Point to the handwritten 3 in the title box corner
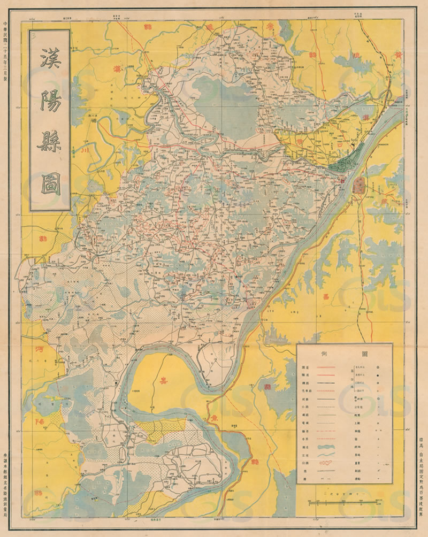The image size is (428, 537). pos(35,36)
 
